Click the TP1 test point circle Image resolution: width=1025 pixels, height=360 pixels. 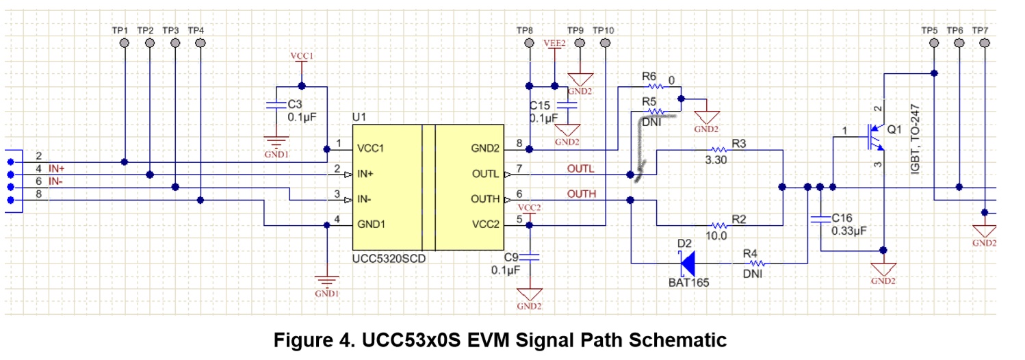click(x=125, y=42)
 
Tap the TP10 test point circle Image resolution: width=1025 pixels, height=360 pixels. click(x=605, y=42)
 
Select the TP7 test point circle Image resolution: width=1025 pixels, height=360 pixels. click(x=985, y=42)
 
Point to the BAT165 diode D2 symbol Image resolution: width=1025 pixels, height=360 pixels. click(x=687, y=263)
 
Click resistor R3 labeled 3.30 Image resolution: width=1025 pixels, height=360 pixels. click(x=718, y=149)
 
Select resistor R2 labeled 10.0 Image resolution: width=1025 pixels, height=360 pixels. click(x=718, y=225)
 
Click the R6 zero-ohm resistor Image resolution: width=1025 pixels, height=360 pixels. click(x=655, y=87)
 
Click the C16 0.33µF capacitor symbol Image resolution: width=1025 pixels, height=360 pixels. click(x=820, y=220)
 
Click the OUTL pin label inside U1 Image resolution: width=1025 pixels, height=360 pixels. click(x=484, y=174)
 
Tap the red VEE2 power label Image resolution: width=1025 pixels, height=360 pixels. click(x=554, y=42)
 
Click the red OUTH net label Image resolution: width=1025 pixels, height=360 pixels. click(x=581, y=194)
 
